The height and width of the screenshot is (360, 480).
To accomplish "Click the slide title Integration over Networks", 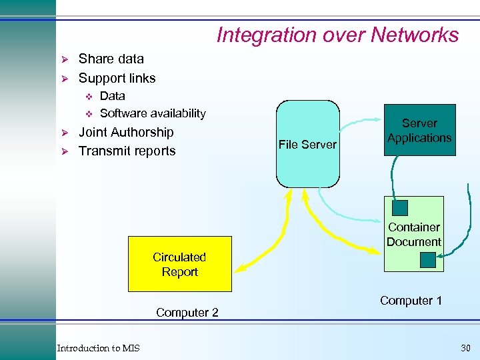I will click(337, 35).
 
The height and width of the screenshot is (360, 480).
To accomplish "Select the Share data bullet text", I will click(111, 59).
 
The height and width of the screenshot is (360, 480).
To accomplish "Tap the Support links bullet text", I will click(117, 78).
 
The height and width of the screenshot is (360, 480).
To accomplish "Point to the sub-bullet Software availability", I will click(152, 113).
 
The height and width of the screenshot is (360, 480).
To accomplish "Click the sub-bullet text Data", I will click(112, 96).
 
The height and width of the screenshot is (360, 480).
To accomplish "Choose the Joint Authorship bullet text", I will click(126, 132).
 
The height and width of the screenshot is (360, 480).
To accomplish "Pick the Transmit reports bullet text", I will click(127, 151).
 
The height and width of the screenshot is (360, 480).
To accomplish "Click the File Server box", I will click(307, 144).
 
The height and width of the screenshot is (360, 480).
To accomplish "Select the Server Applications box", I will click(419, 130).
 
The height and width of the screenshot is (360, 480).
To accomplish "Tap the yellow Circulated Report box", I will click(179, 264).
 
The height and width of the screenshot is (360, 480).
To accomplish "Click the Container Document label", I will click(414, 235).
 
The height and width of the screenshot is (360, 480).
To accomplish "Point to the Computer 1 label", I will click(411, 301).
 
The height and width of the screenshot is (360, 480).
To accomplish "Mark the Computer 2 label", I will click(187, 313).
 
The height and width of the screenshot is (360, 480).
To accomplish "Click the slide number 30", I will click(465, 348).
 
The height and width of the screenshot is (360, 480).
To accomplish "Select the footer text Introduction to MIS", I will click(98, 348).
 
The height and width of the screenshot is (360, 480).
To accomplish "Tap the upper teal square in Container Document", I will click(400, 208).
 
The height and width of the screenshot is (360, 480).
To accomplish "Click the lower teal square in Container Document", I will click(427, 259).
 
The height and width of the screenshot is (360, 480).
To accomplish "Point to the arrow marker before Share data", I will click(66, 59).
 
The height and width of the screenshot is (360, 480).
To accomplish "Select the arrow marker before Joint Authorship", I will click(66, 133).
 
